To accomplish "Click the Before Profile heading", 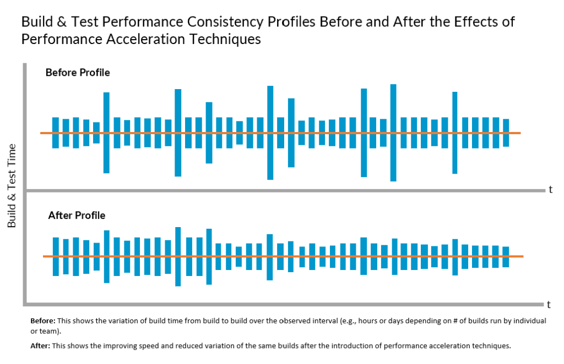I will tap(78, 73).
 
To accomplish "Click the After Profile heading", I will tap(77, 215).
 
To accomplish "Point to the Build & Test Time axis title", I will tap(12, 185).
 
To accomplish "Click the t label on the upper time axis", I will tap(550, 190).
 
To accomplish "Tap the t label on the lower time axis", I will tap(549, 304).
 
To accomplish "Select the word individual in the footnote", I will tap(528, 321).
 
